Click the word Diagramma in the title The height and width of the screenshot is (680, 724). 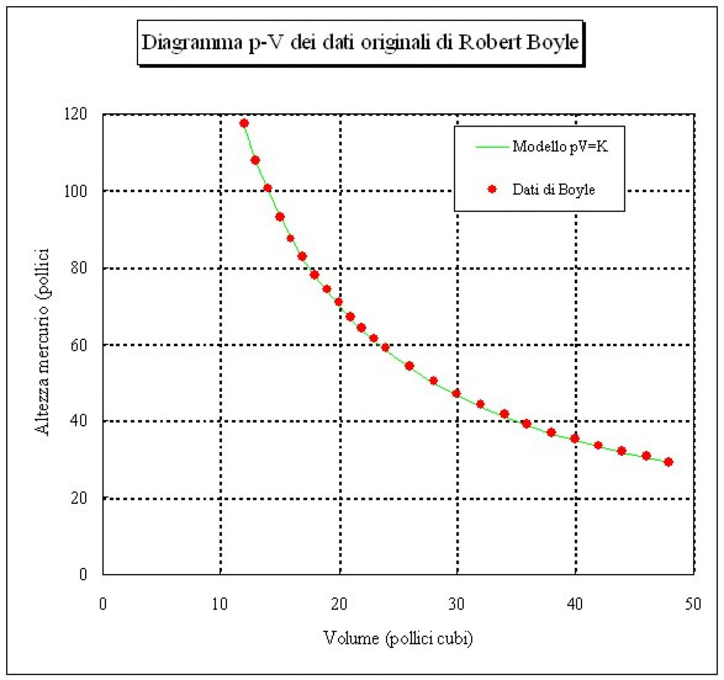192,43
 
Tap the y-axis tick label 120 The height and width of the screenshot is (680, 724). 75,114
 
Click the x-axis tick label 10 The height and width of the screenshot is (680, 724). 220,603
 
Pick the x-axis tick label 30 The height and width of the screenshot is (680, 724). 457,603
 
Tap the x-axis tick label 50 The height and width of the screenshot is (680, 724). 693,603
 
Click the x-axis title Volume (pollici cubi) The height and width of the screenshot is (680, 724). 398,638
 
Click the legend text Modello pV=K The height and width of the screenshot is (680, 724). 560,146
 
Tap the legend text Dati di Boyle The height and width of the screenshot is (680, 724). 553,190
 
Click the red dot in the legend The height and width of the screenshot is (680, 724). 492,189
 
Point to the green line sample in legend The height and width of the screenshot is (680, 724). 491,146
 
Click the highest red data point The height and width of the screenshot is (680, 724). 244,123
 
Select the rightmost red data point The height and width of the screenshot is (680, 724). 668,462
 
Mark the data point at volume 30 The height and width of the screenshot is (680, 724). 456,393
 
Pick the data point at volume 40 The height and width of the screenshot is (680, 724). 574,438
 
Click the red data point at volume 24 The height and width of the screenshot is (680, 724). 386,347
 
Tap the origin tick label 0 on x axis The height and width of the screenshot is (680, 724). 103,603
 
